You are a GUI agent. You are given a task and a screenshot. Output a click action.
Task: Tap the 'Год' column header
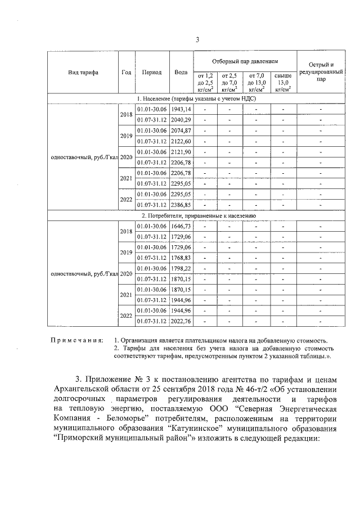(126, 73)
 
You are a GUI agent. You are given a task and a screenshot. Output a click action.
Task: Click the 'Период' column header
(152, 73)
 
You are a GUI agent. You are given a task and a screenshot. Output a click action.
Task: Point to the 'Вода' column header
(181, 73)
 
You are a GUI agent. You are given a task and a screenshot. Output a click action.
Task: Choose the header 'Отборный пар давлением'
(245, 60)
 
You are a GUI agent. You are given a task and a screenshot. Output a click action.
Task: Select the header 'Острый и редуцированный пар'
(321, 73)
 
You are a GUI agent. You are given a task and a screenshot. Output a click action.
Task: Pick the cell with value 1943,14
(181, 109)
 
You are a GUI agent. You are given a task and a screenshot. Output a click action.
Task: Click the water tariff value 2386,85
(181, 205)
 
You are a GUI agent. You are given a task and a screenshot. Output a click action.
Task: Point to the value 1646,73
(181, 226)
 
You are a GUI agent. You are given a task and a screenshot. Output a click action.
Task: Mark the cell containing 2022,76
(181, 322)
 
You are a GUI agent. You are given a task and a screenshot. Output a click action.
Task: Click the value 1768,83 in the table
(181, 258)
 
